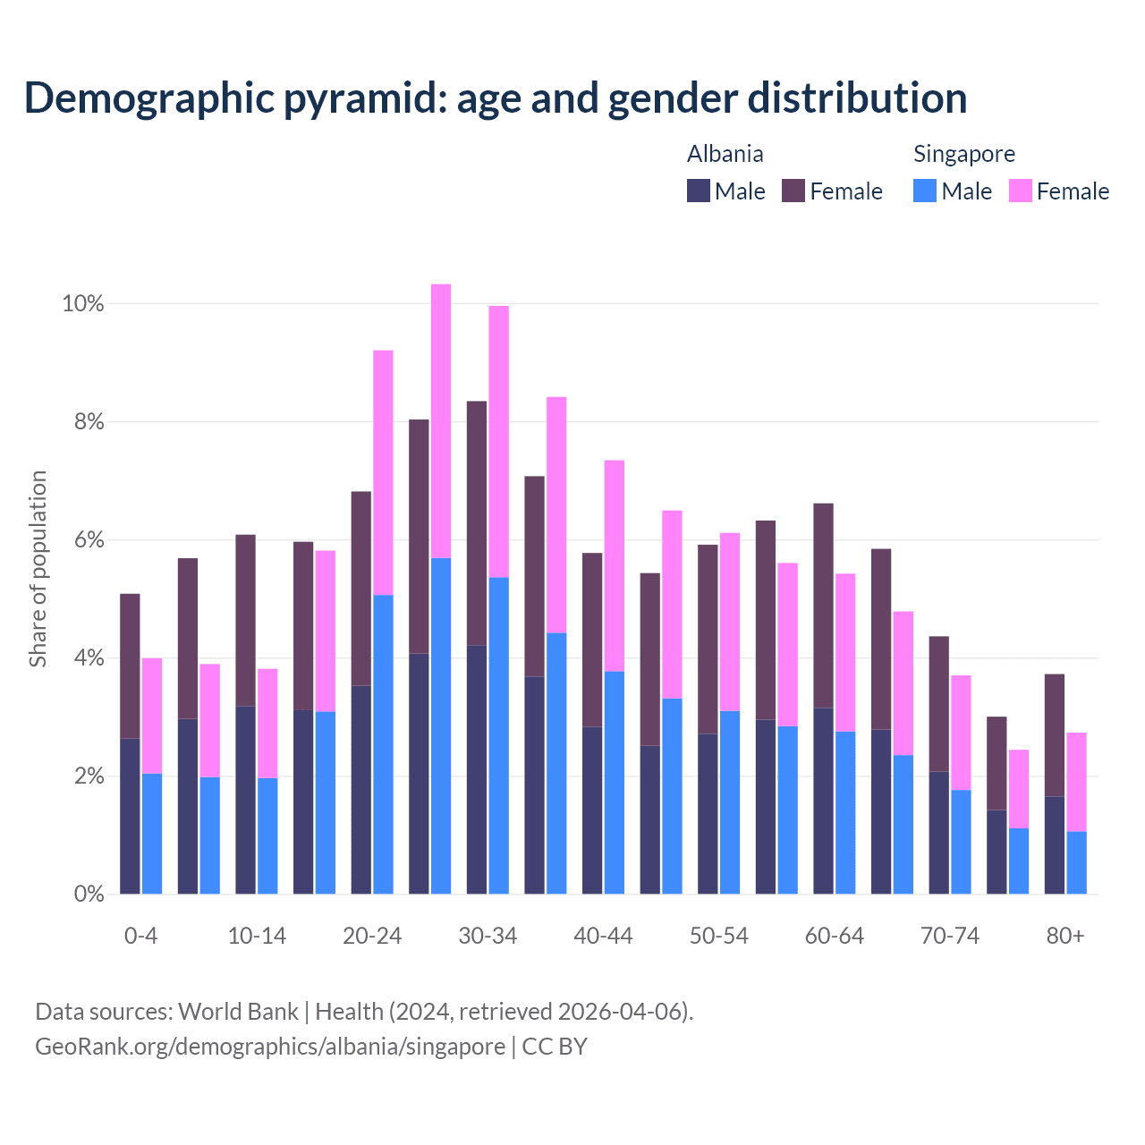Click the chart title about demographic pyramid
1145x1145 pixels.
(495, 98)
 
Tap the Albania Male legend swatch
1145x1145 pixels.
(699, 191)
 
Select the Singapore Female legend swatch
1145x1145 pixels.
(1021, 191)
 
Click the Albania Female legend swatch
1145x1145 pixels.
(793, 191)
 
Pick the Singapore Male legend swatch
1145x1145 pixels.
(925, 191)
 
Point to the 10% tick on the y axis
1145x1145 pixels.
(83, 304)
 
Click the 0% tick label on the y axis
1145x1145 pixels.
(89, 894)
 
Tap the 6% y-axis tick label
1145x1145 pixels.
(89, 540)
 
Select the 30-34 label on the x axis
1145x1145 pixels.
(488, 937)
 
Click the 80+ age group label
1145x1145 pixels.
(1065, 937)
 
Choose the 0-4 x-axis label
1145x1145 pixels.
(141, 937)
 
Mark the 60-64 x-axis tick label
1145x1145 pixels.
(835, 937)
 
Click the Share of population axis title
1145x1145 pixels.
(38, 569)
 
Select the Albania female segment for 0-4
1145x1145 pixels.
(130, 666)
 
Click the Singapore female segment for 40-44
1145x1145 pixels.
(615, 565)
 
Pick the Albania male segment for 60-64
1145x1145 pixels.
(823, 801)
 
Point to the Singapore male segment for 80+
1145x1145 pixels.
(1076, 862)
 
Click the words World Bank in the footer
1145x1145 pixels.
(238, 1012)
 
